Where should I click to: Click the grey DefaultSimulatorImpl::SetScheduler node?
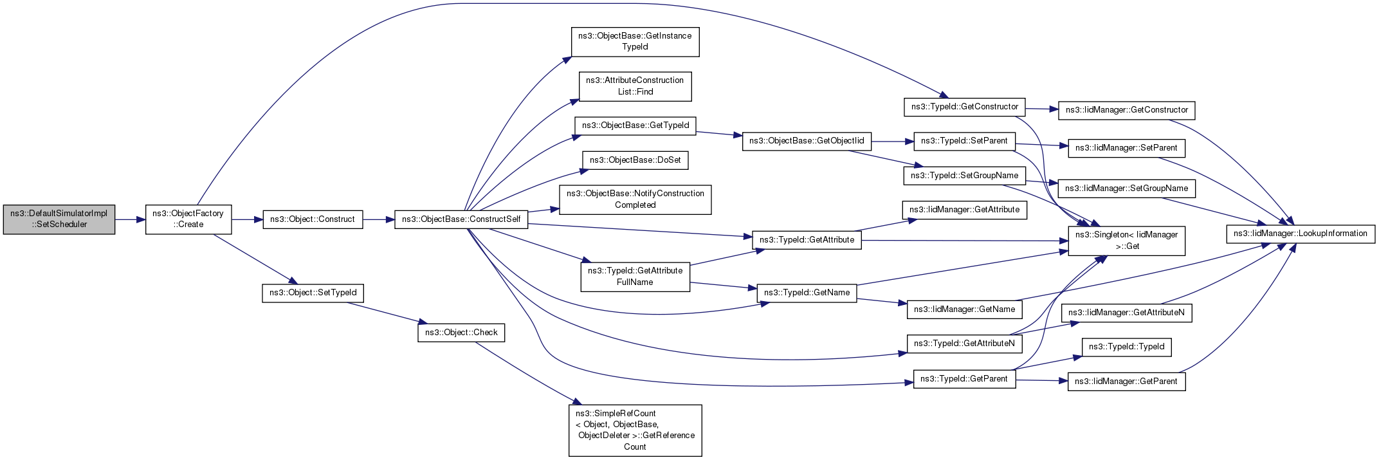pos(59,219)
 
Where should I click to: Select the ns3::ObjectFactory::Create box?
pos(188,219)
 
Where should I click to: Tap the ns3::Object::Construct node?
pos(313,219)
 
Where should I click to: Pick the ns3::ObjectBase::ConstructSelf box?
pos(461,219)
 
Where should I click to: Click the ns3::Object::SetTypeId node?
pos(313,293)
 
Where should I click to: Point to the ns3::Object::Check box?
pos(461,333)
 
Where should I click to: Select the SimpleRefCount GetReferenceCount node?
pos(635,430)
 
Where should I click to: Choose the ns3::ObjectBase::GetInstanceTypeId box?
pos(635,41)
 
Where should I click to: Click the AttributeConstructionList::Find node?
pos(635,86)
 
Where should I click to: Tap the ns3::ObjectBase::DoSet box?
pos(635,160)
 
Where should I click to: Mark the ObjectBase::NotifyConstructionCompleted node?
pos(635,199)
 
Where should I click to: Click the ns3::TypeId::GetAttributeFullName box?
pos(635,277)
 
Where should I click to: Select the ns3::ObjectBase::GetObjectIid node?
pos(807,141)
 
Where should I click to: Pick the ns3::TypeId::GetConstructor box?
pos(964,107)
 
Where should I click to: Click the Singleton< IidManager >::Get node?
pos(1126,241)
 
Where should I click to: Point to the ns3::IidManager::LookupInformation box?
pos(1300,234)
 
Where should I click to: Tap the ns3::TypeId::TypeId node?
pos(1126,347)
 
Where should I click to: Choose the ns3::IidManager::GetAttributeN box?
pos(1126,313)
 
